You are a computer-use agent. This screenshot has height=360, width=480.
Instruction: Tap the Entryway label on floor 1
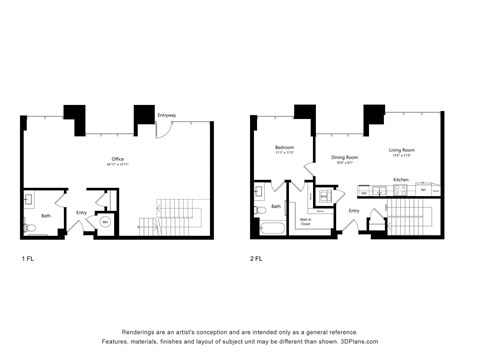167,116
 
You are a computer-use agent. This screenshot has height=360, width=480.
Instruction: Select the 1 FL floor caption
28,258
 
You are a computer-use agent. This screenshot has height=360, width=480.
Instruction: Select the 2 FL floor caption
258,258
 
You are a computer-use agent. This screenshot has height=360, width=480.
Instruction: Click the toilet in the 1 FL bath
30,229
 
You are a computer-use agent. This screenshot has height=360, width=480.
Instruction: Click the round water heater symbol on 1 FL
105,223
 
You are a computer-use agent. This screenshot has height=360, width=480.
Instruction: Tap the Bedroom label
285,149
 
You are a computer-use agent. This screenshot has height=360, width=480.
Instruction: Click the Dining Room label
344,158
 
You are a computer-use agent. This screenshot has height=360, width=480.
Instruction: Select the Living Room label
402,151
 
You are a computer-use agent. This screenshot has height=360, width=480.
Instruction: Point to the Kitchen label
400,179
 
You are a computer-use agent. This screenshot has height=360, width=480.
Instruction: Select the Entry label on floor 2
354,211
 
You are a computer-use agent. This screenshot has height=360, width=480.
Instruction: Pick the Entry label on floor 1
82,212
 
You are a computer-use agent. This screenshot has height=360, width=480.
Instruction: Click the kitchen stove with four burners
379,190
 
